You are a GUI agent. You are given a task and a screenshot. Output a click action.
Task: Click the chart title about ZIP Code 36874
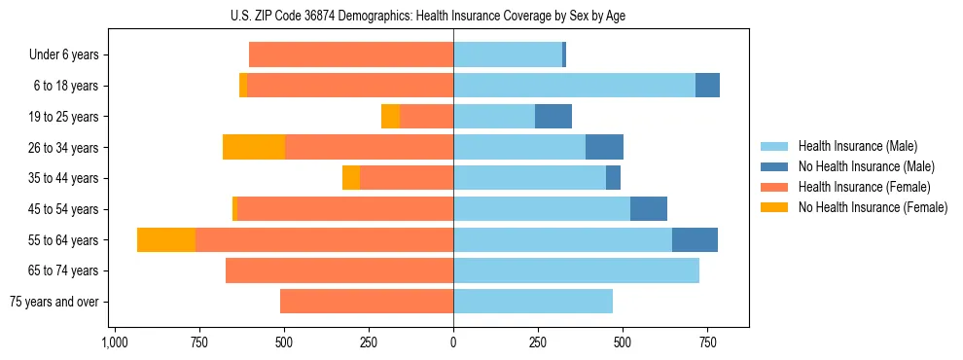click(452, 16)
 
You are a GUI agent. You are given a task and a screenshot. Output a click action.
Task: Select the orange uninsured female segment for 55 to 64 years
click(166, 239)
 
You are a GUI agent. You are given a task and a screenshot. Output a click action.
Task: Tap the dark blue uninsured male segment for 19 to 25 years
click(553, 116)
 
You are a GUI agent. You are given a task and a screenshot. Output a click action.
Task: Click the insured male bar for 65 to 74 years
click(576, 270)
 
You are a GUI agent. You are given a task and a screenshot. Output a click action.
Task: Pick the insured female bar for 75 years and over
click(367, 302)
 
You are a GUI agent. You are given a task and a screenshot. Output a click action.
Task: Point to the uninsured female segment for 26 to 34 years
click(254, 147)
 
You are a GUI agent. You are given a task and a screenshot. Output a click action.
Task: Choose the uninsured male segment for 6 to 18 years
click(707, 86)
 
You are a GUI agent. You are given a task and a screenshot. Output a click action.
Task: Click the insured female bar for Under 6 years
click(351, 54)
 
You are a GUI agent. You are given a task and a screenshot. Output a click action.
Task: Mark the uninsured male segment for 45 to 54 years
click(649, 209)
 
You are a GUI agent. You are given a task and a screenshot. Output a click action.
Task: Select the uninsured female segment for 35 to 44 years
click(351, 178)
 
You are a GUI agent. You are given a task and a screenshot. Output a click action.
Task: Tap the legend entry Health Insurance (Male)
click(857, 146)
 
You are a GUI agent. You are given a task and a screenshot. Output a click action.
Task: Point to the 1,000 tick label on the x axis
click(115, 342)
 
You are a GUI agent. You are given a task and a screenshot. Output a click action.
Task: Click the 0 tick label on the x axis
click(453, 342)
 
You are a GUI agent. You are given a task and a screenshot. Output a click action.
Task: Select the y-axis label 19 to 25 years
click(63, 117)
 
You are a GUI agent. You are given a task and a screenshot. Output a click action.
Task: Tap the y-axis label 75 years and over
click(53, 302)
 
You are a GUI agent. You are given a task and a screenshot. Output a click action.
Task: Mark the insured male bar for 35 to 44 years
click(529, 178)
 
